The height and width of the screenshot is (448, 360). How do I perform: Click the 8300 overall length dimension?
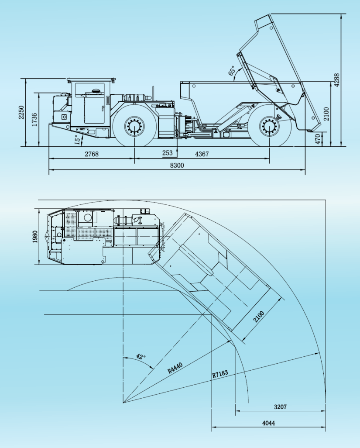click(177, 165)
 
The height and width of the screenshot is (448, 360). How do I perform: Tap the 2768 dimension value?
click(92, 154)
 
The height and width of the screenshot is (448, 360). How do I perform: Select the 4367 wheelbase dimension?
click(202, 154)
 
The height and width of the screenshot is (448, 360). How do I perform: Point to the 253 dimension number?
click(167, 153)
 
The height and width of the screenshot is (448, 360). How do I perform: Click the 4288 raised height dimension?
click(337, 80)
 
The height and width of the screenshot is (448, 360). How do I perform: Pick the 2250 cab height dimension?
click(21, 113)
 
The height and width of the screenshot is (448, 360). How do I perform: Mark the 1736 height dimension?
click(34, 120)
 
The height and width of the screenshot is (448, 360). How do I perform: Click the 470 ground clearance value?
click(318, 139)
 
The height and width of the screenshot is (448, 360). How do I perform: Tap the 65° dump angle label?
click(232, 71)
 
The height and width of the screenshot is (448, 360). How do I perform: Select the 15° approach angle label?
click(77, 140)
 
